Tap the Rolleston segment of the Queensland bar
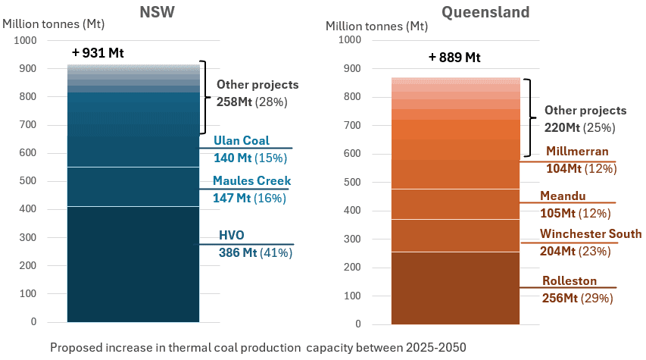[x=455, y=287]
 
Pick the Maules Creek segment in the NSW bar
[x=133, y=186]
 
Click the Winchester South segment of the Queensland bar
[x=455, y=235]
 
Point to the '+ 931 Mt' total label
[x=98, y=53]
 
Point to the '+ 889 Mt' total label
[x=454, y=57]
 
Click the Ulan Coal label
[x=242, y=140]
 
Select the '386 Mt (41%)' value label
[x=255, y=252]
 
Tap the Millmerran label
[x=577, y=151]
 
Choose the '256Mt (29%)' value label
[x=577, y=298]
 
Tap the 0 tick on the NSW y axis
[x=33, y=322]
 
